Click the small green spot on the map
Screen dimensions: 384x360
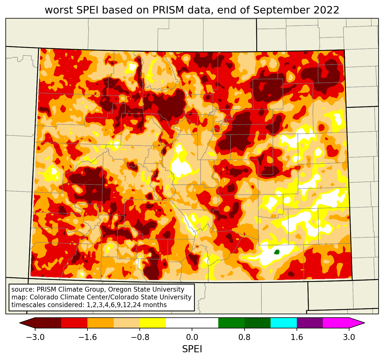tap(277, 252)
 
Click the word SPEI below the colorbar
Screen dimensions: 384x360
tap(192, 349)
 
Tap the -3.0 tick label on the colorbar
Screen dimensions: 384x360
tap(35, 337)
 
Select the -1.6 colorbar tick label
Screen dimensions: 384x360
tap(87, 337)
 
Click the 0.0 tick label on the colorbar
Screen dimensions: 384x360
tap(192, 337)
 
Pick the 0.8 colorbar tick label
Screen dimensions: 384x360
tap(244, 337)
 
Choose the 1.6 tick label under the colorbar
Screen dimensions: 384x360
tap(297, 337)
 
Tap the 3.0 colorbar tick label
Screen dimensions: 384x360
tap(349, 337)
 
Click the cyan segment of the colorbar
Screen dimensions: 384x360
tap(284, 323)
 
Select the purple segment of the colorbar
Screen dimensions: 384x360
tap(310, 323)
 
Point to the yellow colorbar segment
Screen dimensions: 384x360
tap(153, 323)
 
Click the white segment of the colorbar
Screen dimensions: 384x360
tap(192, 323)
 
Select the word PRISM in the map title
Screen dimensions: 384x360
tap(168, 10)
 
